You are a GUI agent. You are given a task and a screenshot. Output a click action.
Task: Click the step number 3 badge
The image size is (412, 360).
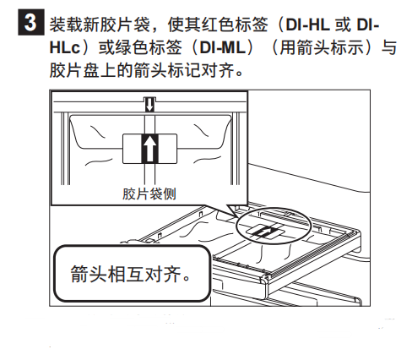pos(31,22)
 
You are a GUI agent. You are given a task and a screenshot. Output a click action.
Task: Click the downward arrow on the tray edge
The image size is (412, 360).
pos(149,105)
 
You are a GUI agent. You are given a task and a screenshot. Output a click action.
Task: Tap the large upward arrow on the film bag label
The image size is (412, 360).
pos(149,149)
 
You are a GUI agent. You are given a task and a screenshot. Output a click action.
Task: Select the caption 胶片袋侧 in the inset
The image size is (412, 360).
pos(149,194)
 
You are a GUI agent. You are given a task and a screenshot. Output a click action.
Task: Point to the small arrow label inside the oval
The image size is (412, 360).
pos(263,232)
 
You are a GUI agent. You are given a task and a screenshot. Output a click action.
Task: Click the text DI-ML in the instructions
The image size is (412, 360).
pos(222,47)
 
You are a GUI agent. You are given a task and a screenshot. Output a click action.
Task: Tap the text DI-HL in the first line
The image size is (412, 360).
pos(307,25)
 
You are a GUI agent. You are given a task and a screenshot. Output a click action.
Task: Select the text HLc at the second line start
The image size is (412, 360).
pos(65,47)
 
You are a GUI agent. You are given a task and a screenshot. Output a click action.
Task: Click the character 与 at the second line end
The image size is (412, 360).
pos(389,47)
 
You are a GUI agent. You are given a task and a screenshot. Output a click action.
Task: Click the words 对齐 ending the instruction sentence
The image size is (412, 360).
pos(219,70)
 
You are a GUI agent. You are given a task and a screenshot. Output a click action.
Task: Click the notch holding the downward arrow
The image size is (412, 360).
pos(149,105)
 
